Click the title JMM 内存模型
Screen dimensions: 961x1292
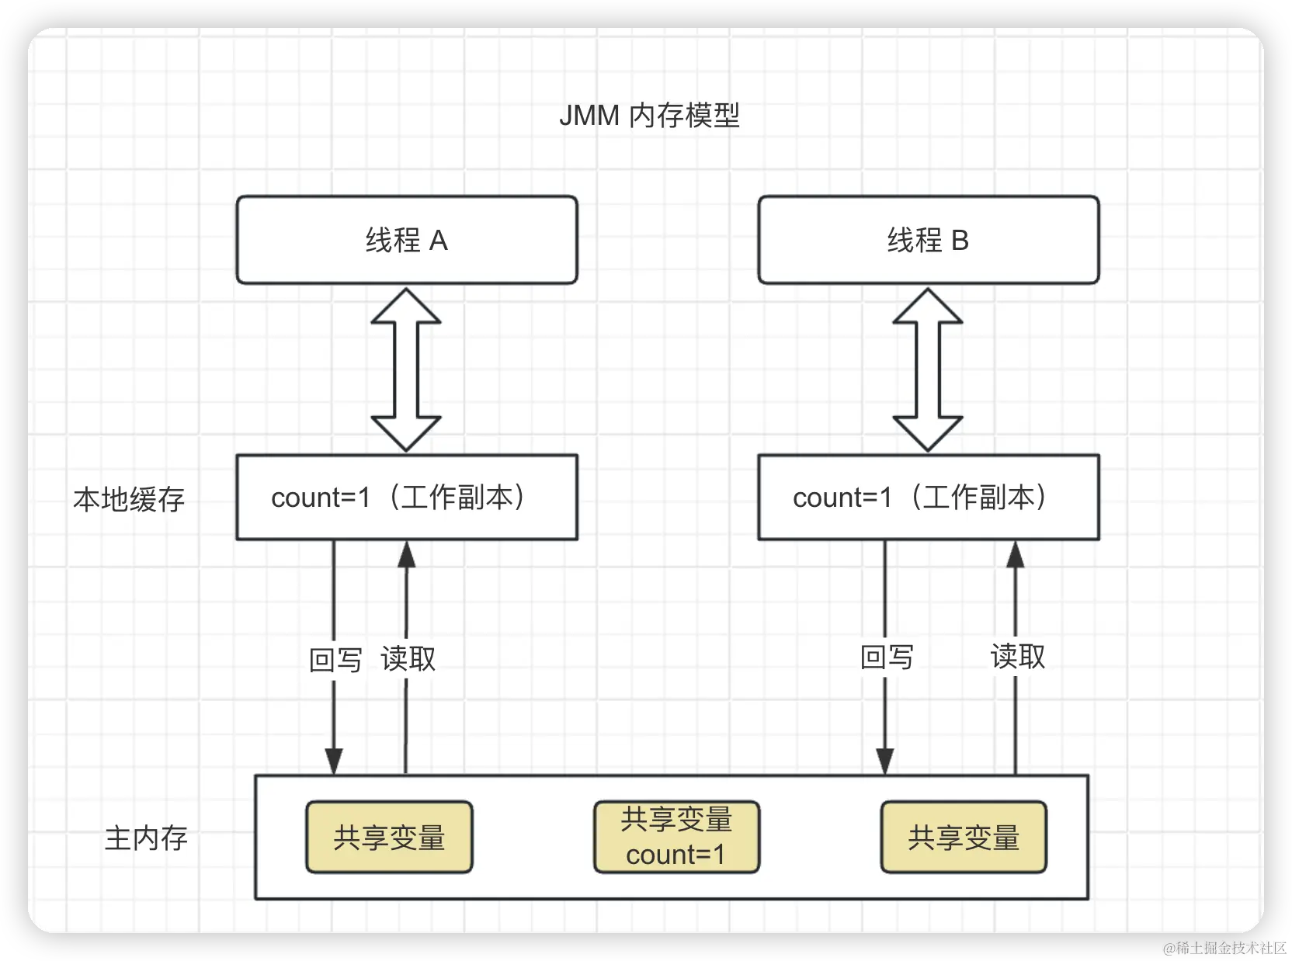coord(649,116)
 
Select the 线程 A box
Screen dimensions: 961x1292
coord(407,240)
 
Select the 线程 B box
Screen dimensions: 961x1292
coord(928,240)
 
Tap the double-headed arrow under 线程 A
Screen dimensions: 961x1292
coord(406,369)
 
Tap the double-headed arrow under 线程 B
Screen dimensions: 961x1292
coord(928,369)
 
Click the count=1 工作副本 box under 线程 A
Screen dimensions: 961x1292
coord(407,497)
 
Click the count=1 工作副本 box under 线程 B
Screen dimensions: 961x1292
coord(928,497)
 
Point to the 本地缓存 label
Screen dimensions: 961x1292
coord(129,499)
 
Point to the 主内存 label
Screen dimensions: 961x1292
coord(146,838)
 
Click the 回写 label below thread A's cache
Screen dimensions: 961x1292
coord(335,660)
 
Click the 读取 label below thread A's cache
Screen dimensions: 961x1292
coord(408,658)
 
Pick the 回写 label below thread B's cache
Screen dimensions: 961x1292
coord(887,657)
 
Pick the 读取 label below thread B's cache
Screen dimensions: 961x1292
coord(1017,656)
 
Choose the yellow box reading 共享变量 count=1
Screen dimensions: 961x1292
coord(676,837)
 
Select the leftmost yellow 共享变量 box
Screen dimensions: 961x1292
coord(389,837)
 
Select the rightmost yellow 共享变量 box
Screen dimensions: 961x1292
coord(964,837)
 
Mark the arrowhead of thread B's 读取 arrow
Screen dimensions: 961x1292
coord(1016,554)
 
